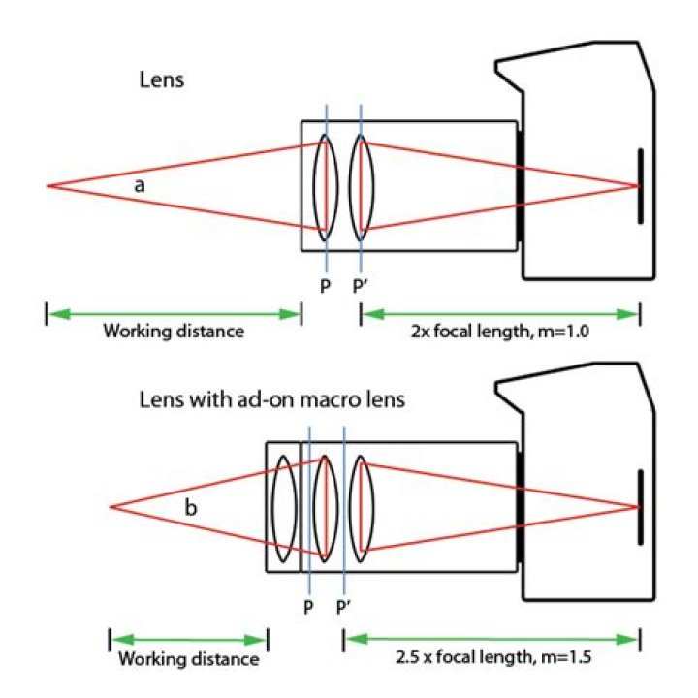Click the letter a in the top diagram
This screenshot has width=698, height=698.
point(140,185)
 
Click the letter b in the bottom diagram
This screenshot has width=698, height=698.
point(191,507)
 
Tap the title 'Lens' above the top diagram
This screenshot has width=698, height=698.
point(162,80)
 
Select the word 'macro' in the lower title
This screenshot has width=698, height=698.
point(327,399)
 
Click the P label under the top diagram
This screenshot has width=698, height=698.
point(326,287)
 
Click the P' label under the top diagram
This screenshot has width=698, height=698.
point(360,287)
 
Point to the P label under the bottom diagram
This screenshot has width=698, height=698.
point(308,607)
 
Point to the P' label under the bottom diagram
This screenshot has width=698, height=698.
point(343,607)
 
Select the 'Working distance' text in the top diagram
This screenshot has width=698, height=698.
point(174,332)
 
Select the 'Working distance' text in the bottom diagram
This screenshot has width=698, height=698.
point(189,659)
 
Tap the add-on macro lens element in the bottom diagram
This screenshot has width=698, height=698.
point(283,507)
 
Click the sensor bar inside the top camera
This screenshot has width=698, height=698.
point(640,186)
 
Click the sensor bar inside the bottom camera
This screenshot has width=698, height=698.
point(640,507)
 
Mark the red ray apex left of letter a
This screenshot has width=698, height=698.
point(48,185)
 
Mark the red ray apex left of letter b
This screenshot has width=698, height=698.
point(111,507)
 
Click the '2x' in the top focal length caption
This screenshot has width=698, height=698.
point(420,332)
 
